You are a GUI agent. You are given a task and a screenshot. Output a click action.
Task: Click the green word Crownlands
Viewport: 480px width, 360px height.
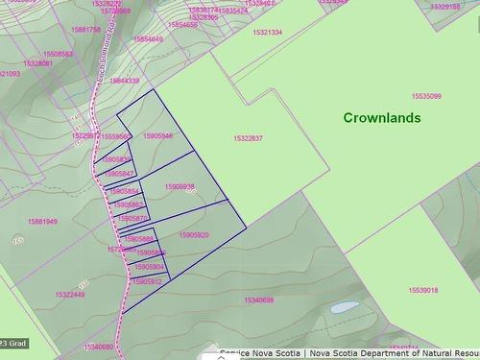382,117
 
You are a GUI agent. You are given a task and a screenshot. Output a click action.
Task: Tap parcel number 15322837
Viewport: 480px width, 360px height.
248,138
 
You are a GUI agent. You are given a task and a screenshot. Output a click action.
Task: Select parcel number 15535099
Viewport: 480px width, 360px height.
426,96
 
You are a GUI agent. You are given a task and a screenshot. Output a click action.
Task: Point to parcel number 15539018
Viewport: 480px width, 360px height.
422,290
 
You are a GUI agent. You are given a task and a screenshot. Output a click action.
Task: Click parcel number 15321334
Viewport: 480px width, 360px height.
268,32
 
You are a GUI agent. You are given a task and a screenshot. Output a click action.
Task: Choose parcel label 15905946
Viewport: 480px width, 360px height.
157,135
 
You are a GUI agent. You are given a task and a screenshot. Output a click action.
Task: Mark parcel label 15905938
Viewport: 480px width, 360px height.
180,186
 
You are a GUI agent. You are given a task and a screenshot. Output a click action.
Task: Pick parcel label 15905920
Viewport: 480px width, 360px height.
193,234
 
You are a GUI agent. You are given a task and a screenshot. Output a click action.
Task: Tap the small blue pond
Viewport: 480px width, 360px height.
342,308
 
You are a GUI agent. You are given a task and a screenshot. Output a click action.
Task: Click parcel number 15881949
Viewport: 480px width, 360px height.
42,221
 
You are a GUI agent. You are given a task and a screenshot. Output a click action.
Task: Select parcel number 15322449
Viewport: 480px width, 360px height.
70,295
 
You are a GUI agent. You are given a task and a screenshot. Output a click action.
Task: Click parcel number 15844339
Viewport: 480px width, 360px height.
125,81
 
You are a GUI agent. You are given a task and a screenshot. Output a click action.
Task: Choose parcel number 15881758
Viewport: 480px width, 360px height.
86,29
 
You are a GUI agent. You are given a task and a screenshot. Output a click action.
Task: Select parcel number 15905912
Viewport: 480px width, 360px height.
148,281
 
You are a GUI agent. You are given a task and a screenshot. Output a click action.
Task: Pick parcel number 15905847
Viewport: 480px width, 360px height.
119,173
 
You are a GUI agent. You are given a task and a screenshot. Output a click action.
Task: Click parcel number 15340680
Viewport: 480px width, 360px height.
99,347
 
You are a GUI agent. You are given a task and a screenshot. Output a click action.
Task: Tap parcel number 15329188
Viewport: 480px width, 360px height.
444,7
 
